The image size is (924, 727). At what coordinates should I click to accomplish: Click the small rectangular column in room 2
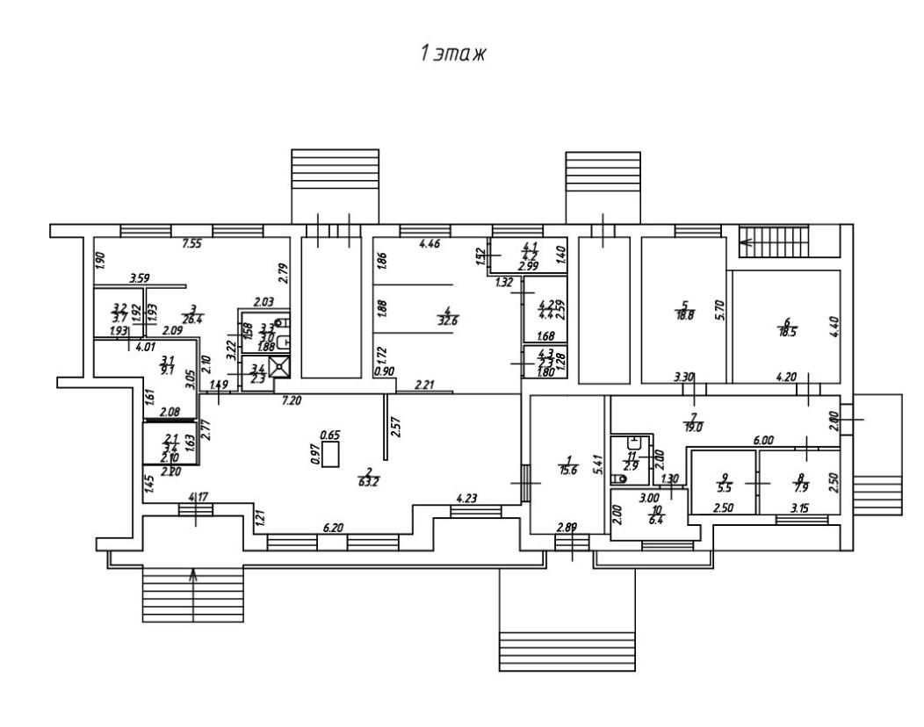click(331, 454)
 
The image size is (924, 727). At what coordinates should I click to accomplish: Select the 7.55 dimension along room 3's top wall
click(191, 244)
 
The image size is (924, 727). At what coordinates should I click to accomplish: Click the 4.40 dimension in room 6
click(834, 331)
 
